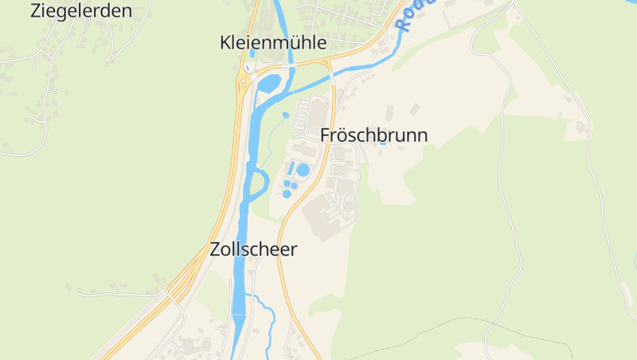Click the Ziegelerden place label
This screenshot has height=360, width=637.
[x=80, y=10]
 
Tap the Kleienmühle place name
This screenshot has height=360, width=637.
[x=273, y=43]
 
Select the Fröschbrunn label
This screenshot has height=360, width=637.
[x=373, y=135]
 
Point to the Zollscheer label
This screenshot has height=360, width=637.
[x=253, y=249]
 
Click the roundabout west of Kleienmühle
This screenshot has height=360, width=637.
[x=242, y=80]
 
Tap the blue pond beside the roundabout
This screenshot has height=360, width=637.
[x=268, y=82]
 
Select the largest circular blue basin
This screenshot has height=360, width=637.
[x=303, y=170]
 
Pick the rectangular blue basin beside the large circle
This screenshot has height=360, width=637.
[x=291, y=169]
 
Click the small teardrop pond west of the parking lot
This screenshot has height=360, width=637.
[x=285, y=115]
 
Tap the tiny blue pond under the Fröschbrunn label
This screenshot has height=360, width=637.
[x=383, y=144]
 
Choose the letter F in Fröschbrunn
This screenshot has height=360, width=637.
[x=325, y=135]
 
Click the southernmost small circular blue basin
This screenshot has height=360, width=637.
[x=287, y=194]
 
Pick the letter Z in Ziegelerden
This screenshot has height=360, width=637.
[x=36, y=10]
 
